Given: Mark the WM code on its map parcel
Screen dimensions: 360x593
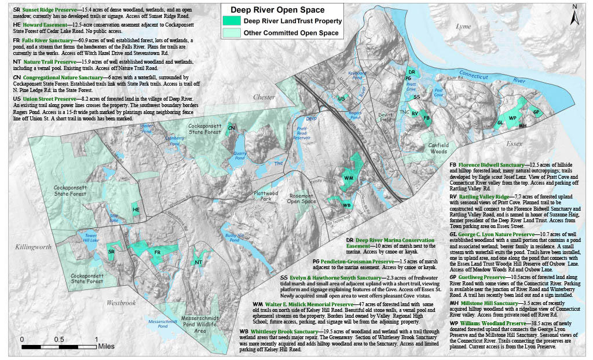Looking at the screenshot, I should [349, 177].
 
